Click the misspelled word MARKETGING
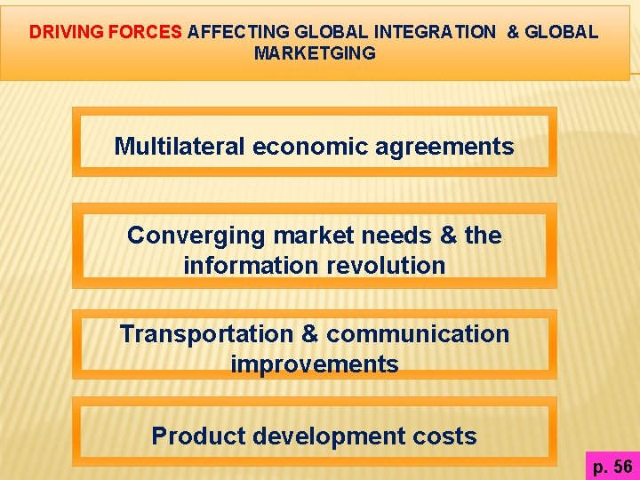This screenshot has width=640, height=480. pos(315,53)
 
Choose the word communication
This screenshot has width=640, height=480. pos(418,334)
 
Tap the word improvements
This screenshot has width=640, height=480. pos(315,364)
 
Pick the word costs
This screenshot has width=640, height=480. pos(447,436)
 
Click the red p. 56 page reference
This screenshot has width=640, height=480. pos(612,467)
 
